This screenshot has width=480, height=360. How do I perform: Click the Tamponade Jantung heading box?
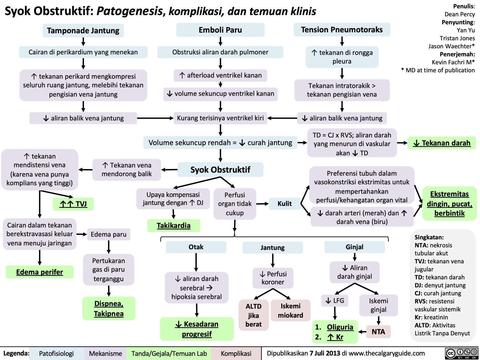(x=83, y=31)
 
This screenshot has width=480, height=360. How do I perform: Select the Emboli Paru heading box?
(x=220, y=30)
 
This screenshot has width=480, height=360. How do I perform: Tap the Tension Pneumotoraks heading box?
(x=342, y=30)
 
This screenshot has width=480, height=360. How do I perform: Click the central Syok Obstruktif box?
(x=220, y=170)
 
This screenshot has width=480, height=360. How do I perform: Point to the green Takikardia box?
(x=173, y=226)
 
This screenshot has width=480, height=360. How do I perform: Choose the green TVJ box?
(x=73, y=204)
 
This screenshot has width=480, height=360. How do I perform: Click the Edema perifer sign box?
(x=40, y=272)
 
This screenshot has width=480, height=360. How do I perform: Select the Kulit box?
(x=284, y=204)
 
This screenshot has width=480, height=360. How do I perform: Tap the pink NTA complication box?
(x=378, y=331)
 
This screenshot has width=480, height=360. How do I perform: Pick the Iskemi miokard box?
(x=290, y=310)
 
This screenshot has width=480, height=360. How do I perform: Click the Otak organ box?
(x=196, y=247)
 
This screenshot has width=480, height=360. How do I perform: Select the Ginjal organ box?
(x=354, y=247)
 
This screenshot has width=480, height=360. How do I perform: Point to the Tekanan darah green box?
(x=442, y=143)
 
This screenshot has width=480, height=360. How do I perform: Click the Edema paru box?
(x=109, y=234)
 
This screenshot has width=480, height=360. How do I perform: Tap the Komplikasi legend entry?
(x=236, y=354)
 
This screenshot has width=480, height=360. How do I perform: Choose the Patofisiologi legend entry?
(x=56, y=354)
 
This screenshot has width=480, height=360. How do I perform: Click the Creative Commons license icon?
(x=461, y=353)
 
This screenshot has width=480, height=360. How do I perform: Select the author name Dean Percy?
(x=460, y=14)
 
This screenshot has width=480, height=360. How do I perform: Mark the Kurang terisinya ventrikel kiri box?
(x=220, y=118)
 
